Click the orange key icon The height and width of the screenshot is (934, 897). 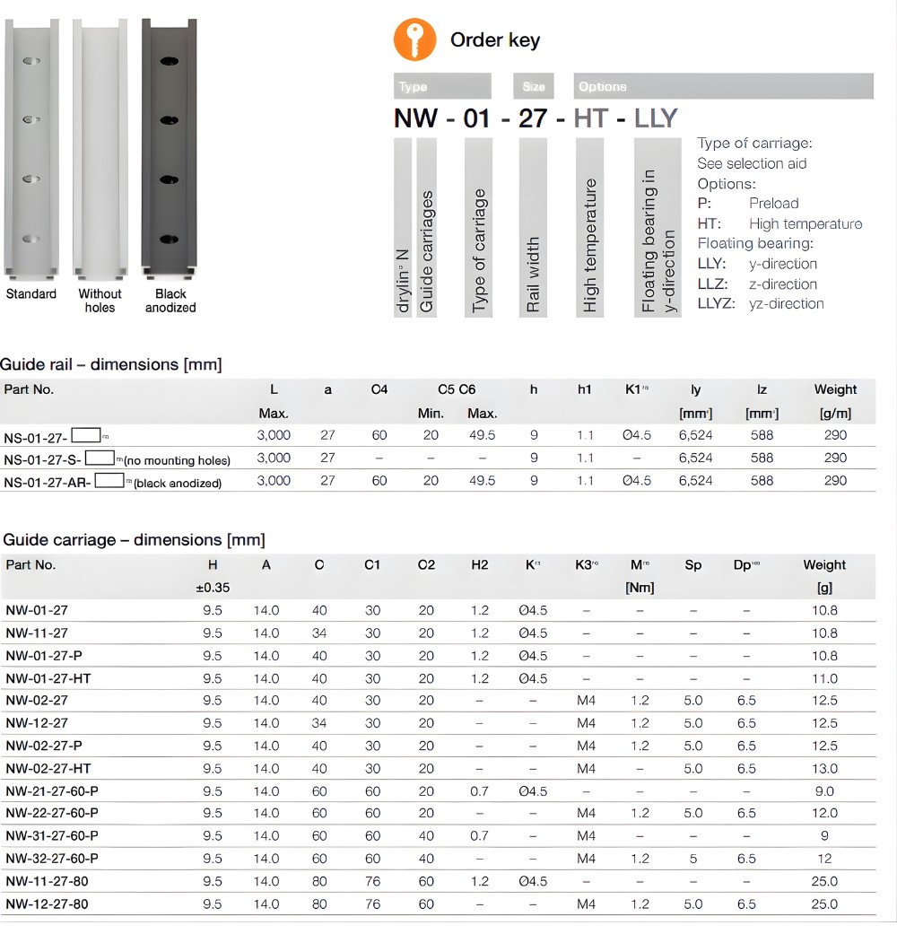click(x=415, y=40)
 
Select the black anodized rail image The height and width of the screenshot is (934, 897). click(x=169, y=148)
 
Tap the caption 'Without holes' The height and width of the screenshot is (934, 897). click(x=100, y=301)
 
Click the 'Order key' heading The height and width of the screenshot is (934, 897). click(x=494, y=40)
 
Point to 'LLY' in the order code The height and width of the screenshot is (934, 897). click(x=655, y=118)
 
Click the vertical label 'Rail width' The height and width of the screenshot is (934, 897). click(x=534, y=275)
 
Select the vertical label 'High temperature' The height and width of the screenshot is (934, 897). click(x=590, y=246)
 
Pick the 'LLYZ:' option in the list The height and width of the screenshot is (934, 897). click(x=716, y=303)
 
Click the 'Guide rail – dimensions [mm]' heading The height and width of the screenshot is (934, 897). click(x=111, y=364)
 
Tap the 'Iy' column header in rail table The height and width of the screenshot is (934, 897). click(x=695, y=389)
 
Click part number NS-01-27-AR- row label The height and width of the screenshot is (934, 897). click(x=47, y=481)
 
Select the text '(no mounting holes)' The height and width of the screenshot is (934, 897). click(x=177, y=460)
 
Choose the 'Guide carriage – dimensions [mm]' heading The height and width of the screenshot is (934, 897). click(x=134, y=540)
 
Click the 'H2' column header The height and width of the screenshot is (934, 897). click(x=480, y=565)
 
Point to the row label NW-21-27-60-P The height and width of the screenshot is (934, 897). click(x=52, y=791)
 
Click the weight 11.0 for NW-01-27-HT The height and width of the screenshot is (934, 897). click(x=823, y=678)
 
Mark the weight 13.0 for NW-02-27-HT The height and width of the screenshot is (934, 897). click(x=823, y=769)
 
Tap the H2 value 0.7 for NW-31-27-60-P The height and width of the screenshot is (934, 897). click(x=480, y=836)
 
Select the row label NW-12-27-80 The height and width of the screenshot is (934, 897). click(x=47, y=904)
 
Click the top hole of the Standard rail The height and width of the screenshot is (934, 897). click(x=30, y=63)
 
